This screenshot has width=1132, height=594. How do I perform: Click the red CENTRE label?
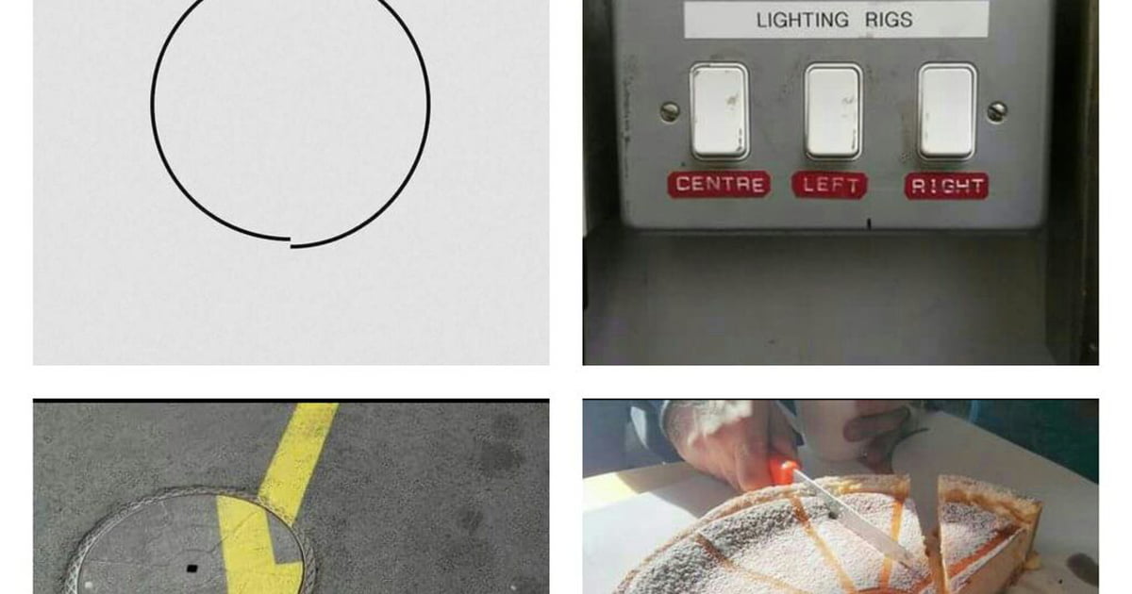point(719,184)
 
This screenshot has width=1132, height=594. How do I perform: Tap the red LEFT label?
point(829,185)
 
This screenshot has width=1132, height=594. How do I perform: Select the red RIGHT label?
point(946,186)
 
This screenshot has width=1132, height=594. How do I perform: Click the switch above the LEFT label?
point(833,111)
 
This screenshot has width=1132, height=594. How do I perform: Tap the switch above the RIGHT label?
point(947,111)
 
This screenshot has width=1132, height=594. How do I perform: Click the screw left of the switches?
point(670,111)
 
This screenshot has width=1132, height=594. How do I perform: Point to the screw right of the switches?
point(997,111)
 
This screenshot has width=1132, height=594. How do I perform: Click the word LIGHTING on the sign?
point(803,20)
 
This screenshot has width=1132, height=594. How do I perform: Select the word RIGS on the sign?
point(889,20)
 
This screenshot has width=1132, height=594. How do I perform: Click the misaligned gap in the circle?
point(291,242)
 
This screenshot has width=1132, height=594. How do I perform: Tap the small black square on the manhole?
point(191,569)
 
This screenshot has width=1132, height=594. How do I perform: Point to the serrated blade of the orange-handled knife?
point(854,520)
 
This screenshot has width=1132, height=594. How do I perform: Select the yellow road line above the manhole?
point(298,450)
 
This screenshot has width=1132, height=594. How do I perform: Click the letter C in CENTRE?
point(683,184)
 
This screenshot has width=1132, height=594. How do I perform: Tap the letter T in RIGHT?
point(978,187)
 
